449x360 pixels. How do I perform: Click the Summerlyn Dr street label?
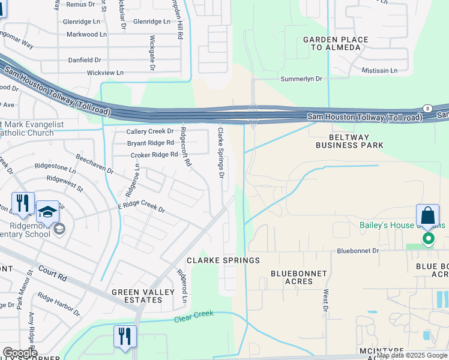pos(302,79)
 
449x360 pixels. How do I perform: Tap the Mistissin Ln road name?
pos(379,70)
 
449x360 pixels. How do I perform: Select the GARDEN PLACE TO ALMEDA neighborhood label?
pos(336,43)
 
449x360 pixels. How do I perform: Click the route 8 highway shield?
pos(427,107)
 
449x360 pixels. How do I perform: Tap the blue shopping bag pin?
pos(427,217)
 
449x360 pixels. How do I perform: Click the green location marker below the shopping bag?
pos(428,239)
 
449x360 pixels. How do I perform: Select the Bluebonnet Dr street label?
pos(358,251)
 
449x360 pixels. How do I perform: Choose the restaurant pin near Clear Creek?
pos(125,337)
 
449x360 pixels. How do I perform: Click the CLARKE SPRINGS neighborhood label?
pos(223,260)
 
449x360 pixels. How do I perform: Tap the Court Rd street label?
pos(52,274)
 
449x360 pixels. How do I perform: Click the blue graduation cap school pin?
pos(47,213)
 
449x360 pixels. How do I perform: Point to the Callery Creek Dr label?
pos(149,131)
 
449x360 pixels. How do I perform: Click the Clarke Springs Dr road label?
pos(220,152)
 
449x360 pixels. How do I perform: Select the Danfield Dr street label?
pos(84,60)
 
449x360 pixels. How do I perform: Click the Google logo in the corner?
pos(19,353)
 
